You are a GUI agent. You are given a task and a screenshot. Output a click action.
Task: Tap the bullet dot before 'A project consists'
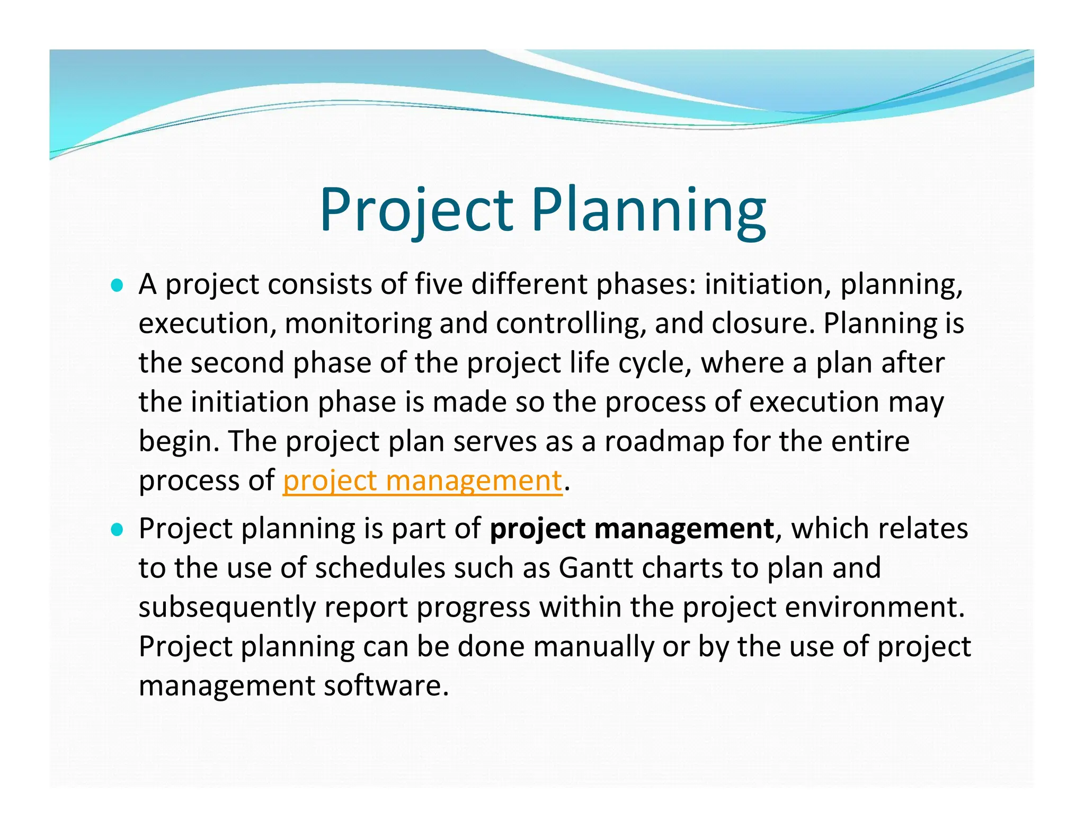(x=117, y=286)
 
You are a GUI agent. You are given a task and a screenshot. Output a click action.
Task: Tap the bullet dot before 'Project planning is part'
(x=117, y=530)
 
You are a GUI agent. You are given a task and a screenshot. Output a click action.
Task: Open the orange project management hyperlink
(x=422, y=481)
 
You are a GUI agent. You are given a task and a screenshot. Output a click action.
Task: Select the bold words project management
(x=632, y=529)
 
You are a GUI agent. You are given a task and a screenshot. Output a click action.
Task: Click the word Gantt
(x=596, y=568)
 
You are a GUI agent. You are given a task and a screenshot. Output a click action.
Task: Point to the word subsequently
(x=227, y=607)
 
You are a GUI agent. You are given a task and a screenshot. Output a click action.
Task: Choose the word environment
(x=874, y=607)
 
